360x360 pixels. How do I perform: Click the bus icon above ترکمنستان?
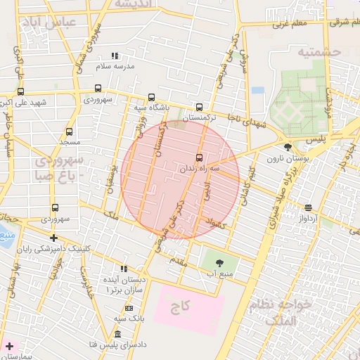pyautogui.click(x=199, y=108)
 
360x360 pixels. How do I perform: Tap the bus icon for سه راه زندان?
pyautogui.click(x=199, y=157)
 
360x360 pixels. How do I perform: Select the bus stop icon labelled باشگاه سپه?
pyautogui.click(x=151, y=98)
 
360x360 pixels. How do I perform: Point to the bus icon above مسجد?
pyautogui.click(x=69, y=131)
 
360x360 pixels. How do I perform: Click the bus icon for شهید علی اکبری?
pyautogui.click(x=20, y=91)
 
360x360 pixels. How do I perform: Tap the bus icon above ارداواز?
pyautogui.click(x=308, y=207)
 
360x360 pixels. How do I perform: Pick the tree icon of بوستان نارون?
pyautogui.click(x=288, y=147)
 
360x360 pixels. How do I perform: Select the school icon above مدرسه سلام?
pyautogui.click(x=115, y=56)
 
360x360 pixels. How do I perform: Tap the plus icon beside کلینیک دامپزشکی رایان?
pyautogui.click(x=53, y=238)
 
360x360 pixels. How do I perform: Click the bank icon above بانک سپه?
pyautogui.click(x=129, y=308)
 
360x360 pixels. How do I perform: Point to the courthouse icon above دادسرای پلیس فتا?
pyautogui.click(x=117, y=333)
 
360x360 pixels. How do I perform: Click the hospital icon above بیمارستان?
pyautogui.click(x=8, y=347)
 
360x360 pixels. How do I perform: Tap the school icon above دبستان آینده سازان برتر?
pyautogui.click(x=124, y=268)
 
